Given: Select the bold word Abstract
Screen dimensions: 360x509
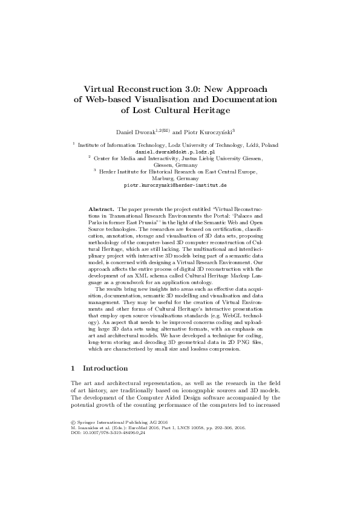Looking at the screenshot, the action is pos(100,207).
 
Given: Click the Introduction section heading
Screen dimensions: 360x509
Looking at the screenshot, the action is pos(105,368).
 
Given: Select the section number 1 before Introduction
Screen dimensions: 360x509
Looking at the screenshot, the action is pos(73,368).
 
